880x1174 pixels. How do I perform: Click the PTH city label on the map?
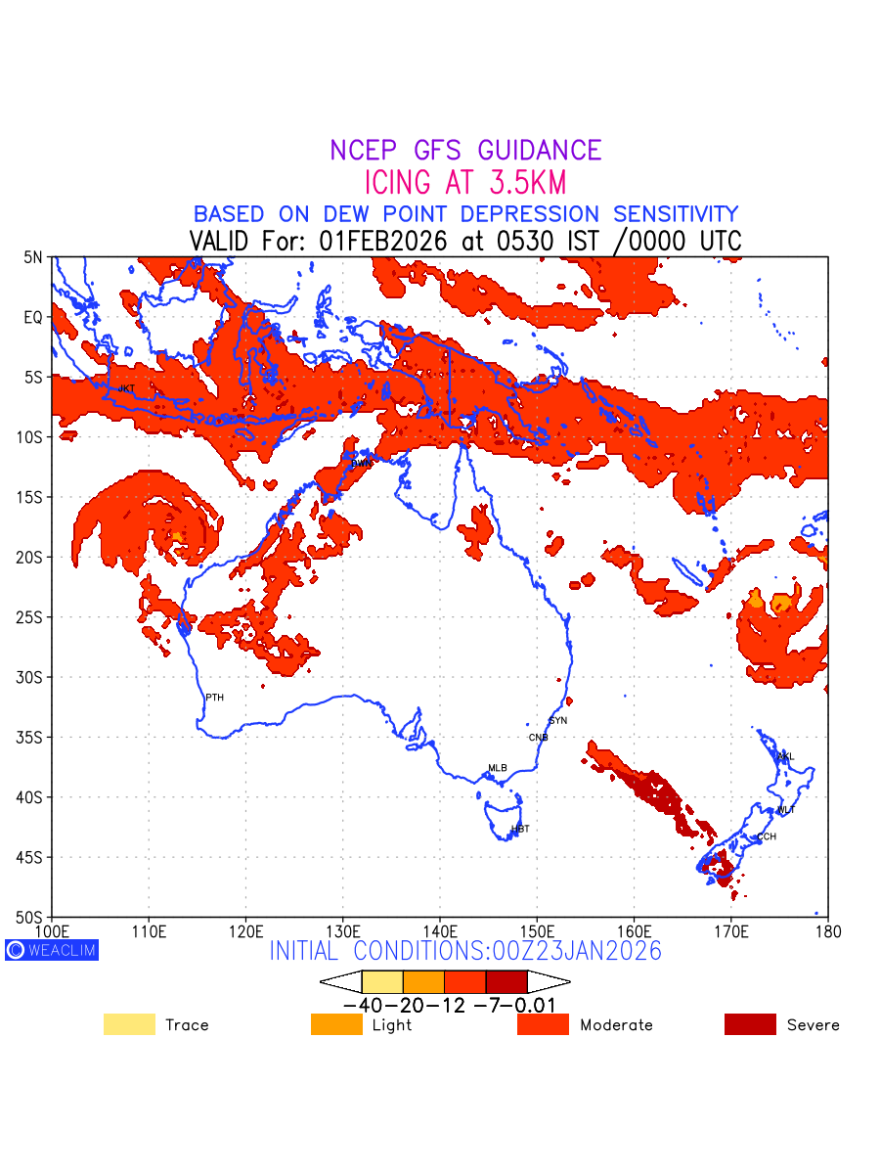[214, 698]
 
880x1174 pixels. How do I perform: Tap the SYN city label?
[557, 721]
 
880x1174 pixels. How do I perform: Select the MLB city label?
[498, 768]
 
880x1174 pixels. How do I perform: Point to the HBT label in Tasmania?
[520, 829]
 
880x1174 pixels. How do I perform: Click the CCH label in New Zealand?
[767, 836]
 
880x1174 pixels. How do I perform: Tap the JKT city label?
[126, 389]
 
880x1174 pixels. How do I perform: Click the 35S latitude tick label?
[31, 737]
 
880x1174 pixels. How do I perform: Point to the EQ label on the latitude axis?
[33, 317]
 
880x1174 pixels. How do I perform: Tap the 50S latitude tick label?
[31, 918]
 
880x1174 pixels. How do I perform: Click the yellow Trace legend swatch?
[129, 1024]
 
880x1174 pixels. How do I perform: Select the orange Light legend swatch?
[336, 1024]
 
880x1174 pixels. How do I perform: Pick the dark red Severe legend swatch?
[750, 1024]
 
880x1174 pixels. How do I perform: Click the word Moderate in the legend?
[616, 1025]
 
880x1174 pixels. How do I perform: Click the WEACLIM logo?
[52, 950]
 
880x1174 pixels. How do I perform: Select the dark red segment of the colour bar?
[506, 981]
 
